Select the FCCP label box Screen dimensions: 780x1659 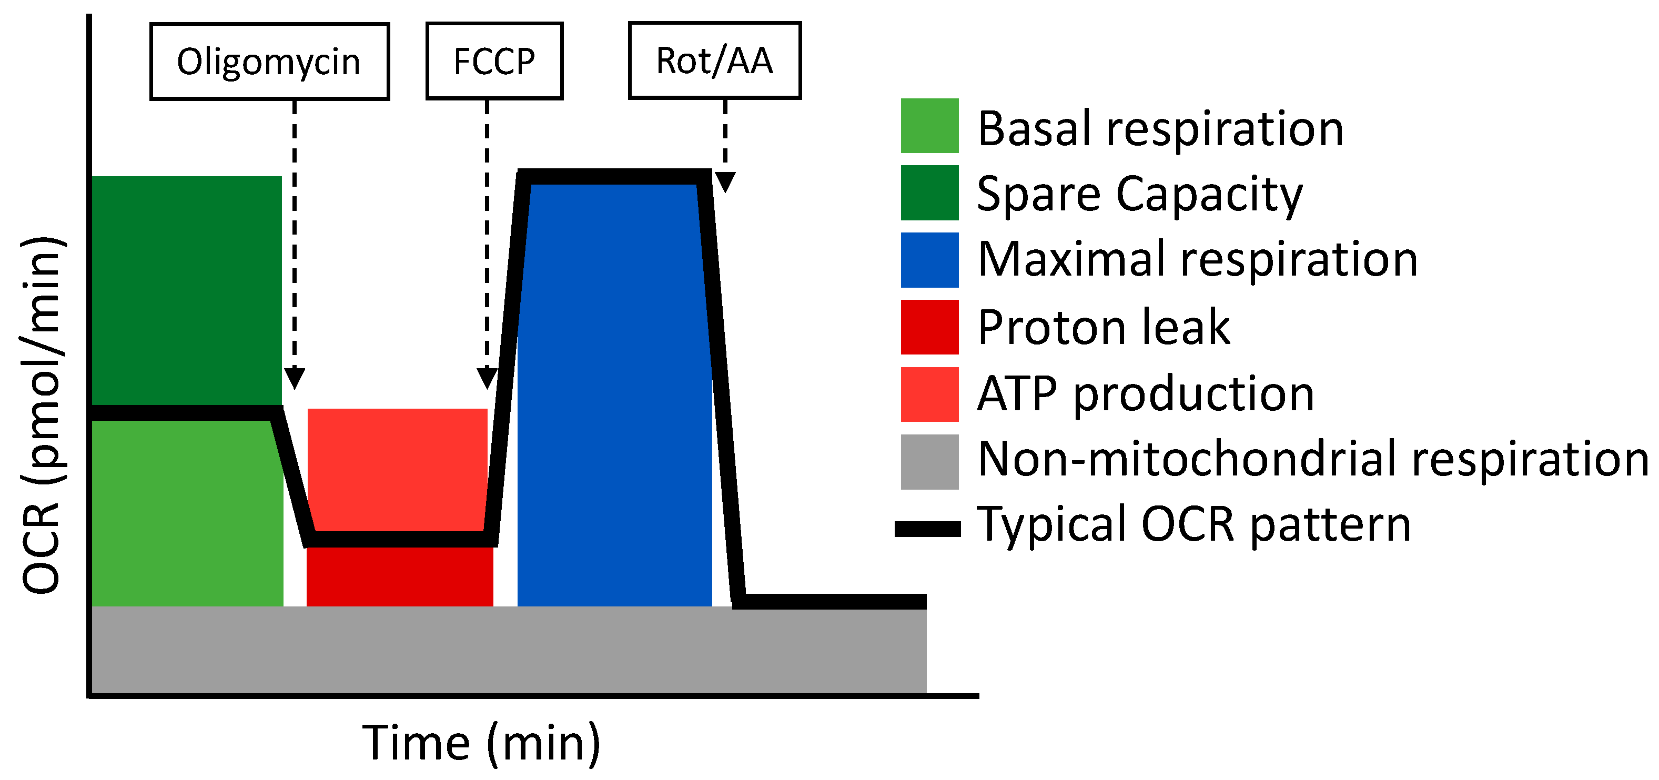point(494,61)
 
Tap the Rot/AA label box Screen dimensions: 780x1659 point(714,60)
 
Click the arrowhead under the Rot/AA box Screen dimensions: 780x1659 point(725,181)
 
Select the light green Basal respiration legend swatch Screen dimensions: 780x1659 point(929,126)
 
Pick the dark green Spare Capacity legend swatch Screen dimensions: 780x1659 point(929,193)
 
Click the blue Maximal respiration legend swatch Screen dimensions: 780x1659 point(929,260)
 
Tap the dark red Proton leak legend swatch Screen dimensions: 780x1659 point(929,327)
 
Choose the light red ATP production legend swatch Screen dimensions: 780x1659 point(929,394)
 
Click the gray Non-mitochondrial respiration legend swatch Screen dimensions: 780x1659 point(929,461)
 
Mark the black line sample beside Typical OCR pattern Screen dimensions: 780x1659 point(927,529)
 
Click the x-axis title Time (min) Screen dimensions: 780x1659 point(481,743)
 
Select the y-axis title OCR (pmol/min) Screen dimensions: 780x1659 point(42,416)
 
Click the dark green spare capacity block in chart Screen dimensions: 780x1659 point(187,290)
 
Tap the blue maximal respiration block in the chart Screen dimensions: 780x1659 point(614,393)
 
